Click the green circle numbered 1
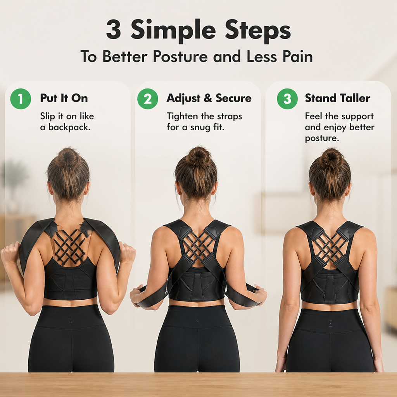point(21,99)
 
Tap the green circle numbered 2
point(148,99)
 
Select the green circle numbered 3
point(287,99)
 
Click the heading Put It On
point(64,98)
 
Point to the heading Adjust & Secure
point(209,98)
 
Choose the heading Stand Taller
point(338,98)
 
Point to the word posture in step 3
point(322,138)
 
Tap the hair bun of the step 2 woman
point(199,156)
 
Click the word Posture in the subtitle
point(180,56)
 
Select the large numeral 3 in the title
point(113,30)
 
